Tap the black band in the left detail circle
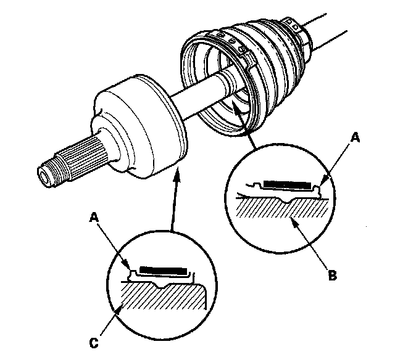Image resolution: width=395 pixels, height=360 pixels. (162, 270)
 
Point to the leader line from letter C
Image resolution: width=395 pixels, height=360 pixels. (106, 320)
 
